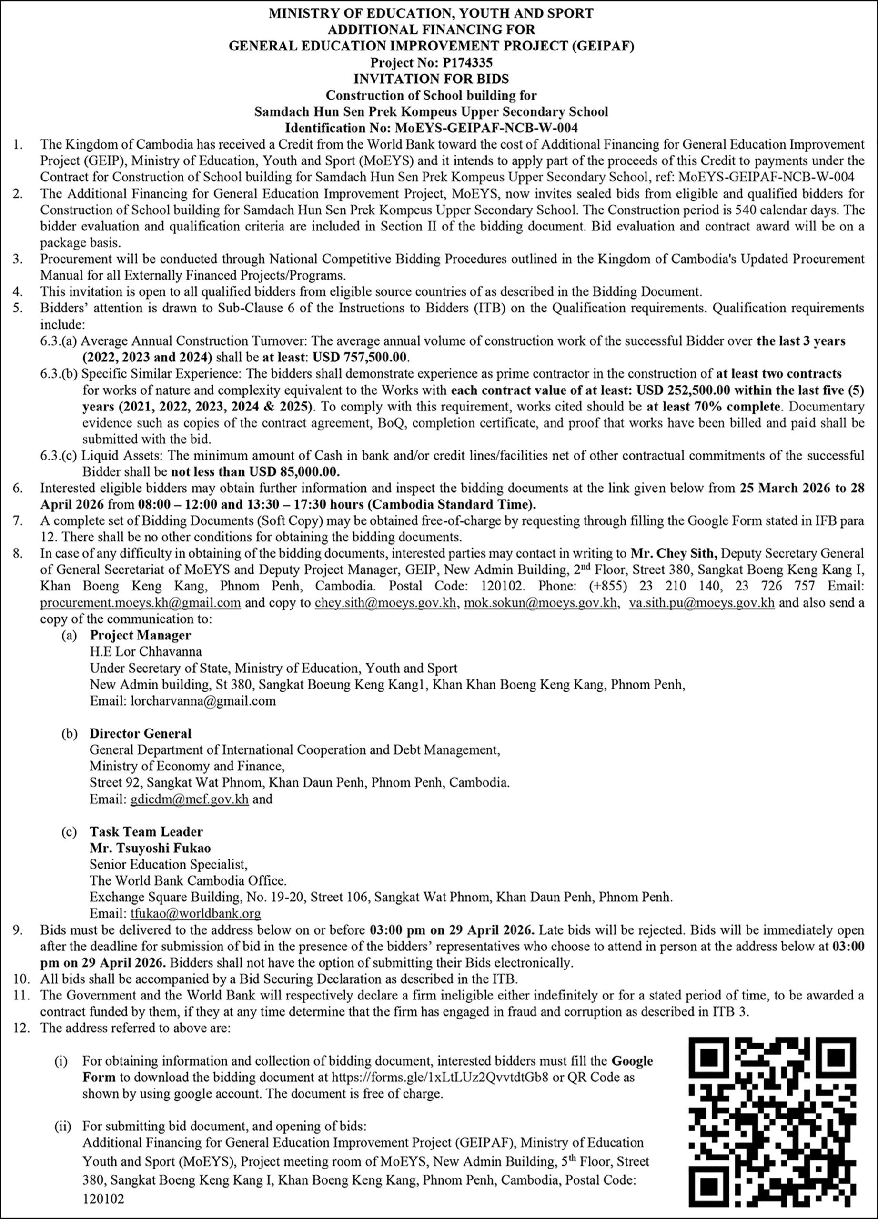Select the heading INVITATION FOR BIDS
[x=431, y=79]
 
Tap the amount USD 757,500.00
[x=360, y=357]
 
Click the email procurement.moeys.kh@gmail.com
[x=141, y=602]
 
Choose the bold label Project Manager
[x=141, y=635]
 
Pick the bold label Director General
[x=141, y=734]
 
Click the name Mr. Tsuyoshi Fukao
[x=150, y=848]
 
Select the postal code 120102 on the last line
[x=103, y=1199]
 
